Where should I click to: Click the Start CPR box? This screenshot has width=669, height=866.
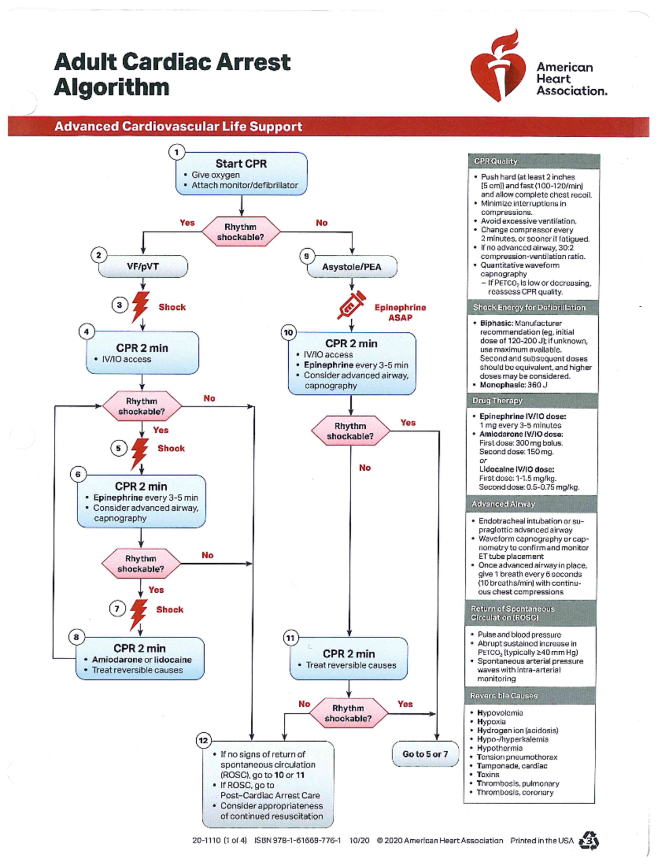(241, 173)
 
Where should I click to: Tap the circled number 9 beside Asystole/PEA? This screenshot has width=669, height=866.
(306, 256)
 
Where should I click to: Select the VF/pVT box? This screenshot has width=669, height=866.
(143, 267)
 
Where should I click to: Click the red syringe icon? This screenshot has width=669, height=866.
(351, 305)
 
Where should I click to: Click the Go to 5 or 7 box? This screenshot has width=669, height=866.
(425, 754)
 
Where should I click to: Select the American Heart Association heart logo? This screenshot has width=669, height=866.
(498, 67)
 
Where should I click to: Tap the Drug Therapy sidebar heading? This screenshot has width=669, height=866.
(497, 400)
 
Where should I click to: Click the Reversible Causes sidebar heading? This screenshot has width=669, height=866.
(503, 695)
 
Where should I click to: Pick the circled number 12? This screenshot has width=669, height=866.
(203, 741)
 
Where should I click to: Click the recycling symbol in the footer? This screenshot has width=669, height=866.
(589, 840)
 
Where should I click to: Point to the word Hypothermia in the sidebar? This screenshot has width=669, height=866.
(500, 748)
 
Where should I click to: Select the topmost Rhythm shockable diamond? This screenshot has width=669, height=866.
(240, 232)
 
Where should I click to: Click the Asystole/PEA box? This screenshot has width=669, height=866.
(352, 267)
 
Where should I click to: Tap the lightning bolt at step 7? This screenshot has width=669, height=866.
(138, 613)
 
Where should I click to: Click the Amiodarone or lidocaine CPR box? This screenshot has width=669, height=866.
(140, 659)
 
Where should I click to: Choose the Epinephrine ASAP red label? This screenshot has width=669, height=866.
(400, 312)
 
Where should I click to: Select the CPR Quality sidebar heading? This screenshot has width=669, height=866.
(496, 161)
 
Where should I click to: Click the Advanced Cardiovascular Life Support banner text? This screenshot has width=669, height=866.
(178, 127)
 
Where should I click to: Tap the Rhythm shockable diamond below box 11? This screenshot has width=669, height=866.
(348, 713)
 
